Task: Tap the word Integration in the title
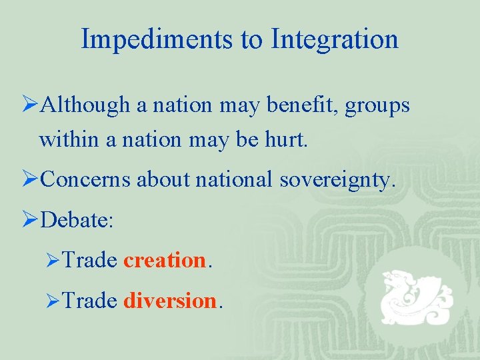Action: click(335, 39)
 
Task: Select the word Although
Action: click(85, 105)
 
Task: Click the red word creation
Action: click(165, 260)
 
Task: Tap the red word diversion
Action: click(169, 301)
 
